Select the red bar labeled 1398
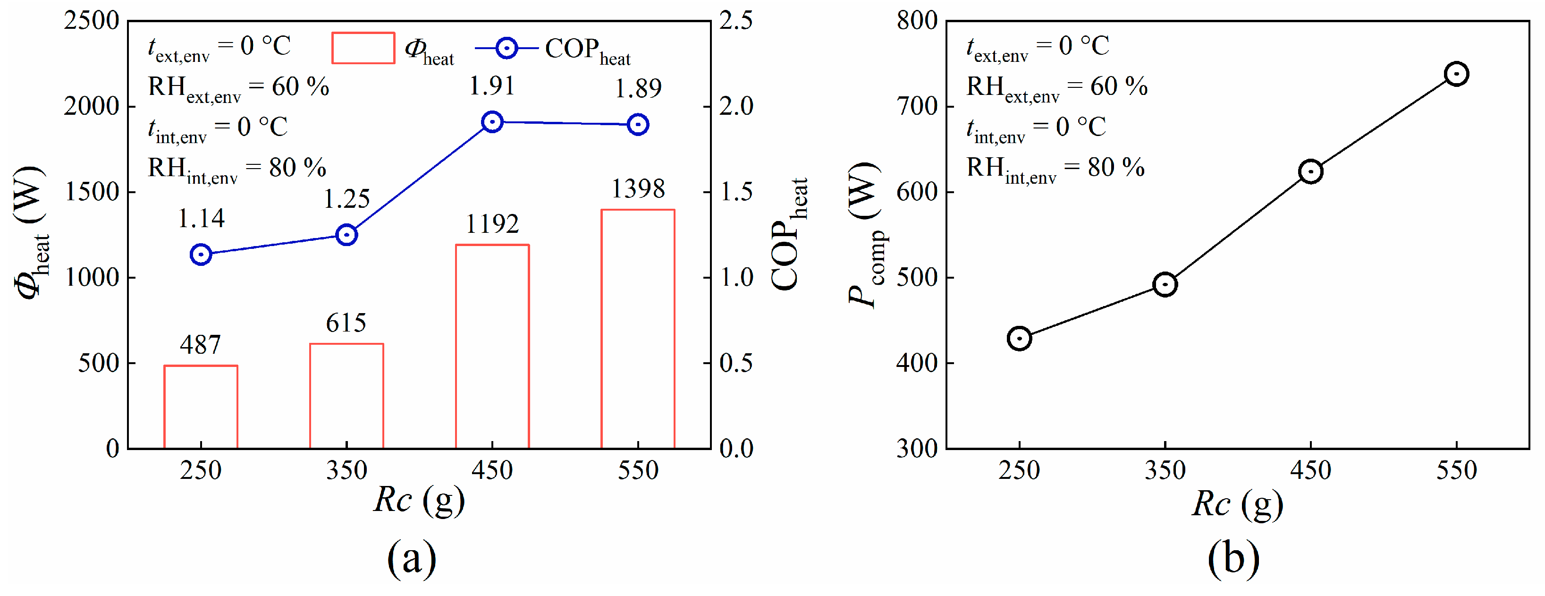[x=638, y=328]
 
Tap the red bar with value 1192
[x=492, y=346]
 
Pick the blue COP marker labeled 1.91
[x=492, y=122]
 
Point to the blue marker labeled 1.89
[x=638, y=125]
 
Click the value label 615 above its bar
[x=346, y=323]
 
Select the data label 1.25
[x=346, y=199]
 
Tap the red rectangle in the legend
[x=363, y=48]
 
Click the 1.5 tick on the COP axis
[x=736, y=192]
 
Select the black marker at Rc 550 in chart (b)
[x=1456, y=74]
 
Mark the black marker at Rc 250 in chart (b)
[x=1019, y=339]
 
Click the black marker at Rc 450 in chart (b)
[x=1310, y=171]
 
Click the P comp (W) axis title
[x=866, y=234]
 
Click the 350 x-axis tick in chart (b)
[x=1165, y=470]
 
